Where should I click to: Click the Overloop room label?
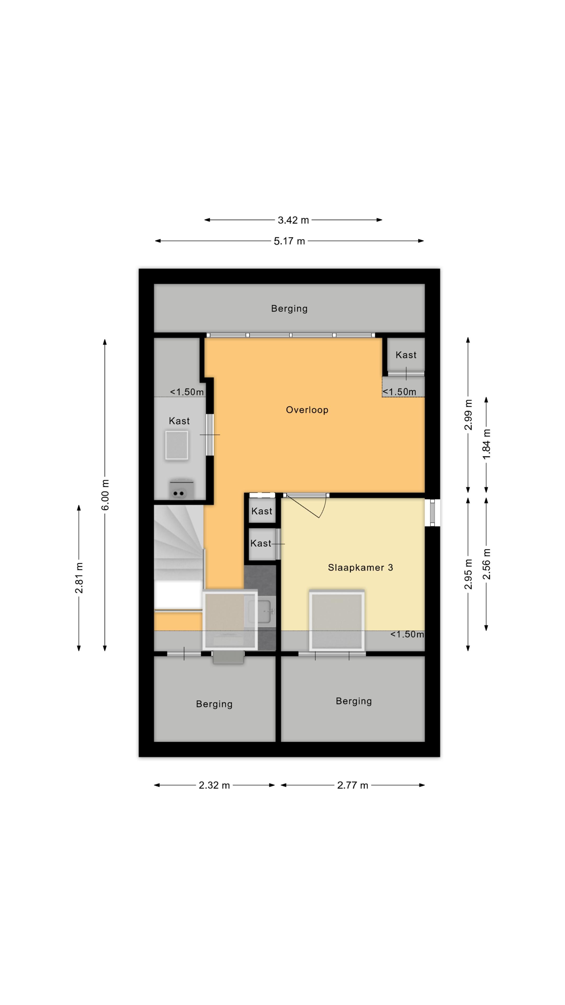pyautogui.click(x=307, y=410)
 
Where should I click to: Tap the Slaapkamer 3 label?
pyautogui.click(x=360, y=568)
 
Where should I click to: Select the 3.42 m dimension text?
pyautogui.click(x=293, y=220)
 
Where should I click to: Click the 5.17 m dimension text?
pyautogui.click(x=289, y=241)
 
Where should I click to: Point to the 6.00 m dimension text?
pyautogui.click(x=105, y=495)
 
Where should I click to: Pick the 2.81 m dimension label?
pyautogui.click(x=79, y=578)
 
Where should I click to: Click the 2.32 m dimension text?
pyautogui.click(x=214, y=785)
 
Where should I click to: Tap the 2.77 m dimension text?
pyautogui.click(x=353, y=785)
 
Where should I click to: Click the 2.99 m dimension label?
pyautogui.click(x=468, y=415)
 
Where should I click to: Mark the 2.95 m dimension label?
pyautogui.click(x=468, y=574)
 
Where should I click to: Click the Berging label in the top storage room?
pyautogui.click(x=289, y=309)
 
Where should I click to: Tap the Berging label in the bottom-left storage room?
pyautogui.click(x=214, y=704)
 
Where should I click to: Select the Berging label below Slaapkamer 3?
pyautogui.click(x=354, y=701)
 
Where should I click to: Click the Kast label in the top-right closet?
pyautogui.click(x=406, y=355)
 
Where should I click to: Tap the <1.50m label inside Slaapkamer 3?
pyautogui.click(x=407, y=634)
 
